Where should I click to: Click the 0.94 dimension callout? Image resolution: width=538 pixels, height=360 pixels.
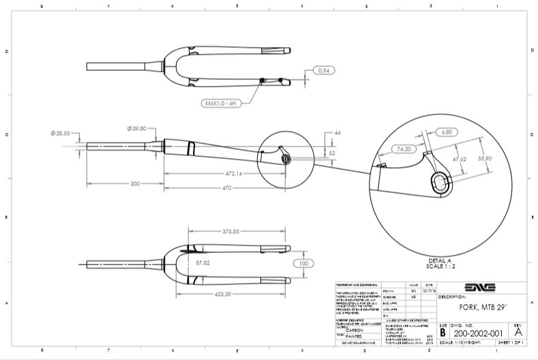click(x=325, y=70)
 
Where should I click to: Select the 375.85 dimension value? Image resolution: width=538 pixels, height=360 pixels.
click(x=233, y=231)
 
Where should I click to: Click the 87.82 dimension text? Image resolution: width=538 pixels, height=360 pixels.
click(x=203, y=262)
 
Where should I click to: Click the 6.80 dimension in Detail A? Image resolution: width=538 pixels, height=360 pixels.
click(x=447, y=131)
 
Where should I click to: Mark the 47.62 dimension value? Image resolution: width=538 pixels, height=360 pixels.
click(x=460, y=160)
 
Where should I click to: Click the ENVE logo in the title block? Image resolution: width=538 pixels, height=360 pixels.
click(x=481, y=287)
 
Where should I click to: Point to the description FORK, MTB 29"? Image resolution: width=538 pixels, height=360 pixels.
click(x=477, y=307)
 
